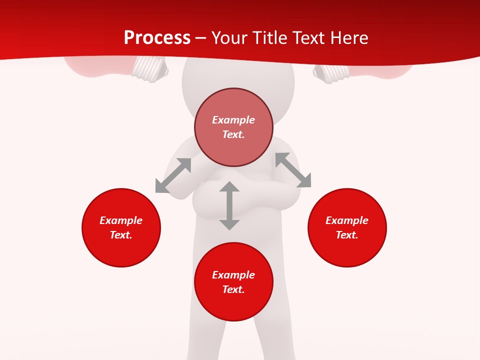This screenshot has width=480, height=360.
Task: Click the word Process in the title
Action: tap(157, 38)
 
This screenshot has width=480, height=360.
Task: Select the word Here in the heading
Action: tap(348, 38)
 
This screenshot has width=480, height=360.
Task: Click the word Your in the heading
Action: tap(229, 38)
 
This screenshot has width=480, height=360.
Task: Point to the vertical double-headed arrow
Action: tap(229, 206)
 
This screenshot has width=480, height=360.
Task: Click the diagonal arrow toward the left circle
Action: tap(173, 175)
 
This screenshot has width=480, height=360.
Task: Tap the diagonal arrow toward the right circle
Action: tap(293, 170)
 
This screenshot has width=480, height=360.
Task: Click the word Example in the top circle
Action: tap(233, 120)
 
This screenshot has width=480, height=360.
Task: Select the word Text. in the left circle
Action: tap(121, 235)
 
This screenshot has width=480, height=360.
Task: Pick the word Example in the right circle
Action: tap(347, 220)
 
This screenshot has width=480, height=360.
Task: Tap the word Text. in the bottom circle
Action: tap(233, 289)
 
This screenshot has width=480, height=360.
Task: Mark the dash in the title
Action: tap(201, 38)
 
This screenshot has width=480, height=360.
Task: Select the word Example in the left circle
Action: tap(121, 220)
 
